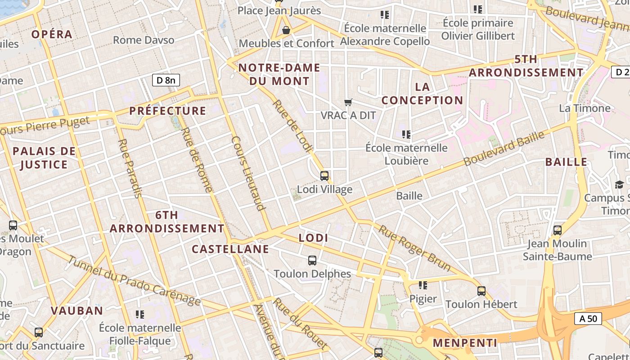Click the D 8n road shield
tap(166, 81)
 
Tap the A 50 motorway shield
tap(588, 319)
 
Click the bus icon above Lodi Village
tap(324, 176)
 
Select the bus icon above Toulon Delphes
tap(312, 260)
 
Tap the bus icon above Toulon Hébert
tap(481, 291)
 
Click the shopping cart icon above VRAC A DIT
tap(348, 103)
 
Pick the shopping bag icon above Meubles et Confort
tap(286, 30)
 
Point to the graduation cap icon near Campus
tap(619, 184)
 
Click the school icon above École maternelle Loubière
tap(406, 134)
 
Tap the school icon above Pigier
tap(423, 285)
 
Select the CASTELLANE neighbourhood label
tap(230, 249)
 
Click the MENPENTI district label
tap(465, 343)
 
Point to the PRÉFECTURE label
tap(167, 111)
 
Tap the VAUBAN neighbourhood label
tap(77, 310)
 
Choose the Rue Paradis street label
tap(130, 168)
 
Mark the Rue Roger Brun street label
tap(414, 248)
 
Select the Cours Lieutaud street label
tap(247, 173)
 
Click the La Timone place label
tap(585, 108)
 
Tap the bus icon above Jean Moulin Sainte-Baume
tap(558, 230)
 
